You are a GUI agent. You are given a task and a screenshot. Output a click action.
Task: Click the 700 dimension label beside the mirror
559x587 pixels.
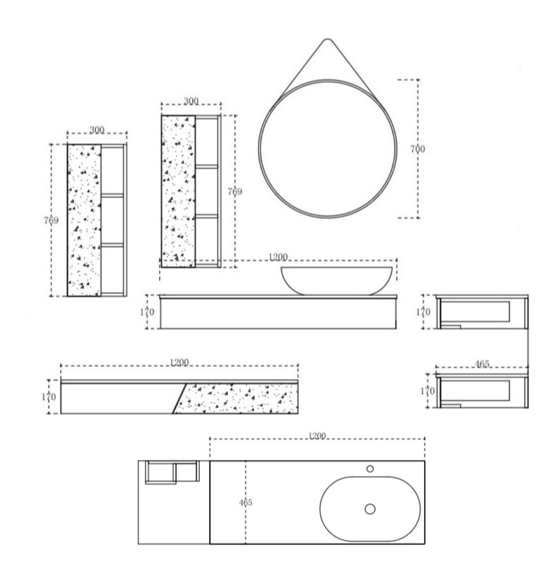click(x=418, y=149)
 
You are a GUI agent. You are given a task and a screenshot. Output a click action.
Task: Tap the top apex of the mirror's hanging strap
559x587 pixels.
click(x=327, y=39)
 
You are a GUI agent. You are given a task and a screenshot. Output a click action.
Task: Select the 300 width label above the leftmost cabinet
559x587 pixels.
click(x=97, y=130)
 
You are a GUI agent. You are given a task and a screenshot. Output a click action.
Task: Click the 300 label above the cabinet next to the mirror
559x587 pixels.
click(x=191, y=101)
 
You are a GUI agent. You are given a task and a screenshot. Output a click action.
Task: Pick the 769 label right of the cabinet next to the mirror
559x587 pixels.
click(x=235, y=192)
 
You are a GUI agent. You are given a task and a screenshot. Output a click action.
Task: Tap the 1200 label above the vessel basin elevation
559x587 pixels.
click(x=278, y=257)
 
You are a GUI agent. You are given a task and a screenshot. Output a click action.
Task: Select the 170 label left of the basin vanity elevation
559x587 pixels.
click(x=147, y=312)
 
